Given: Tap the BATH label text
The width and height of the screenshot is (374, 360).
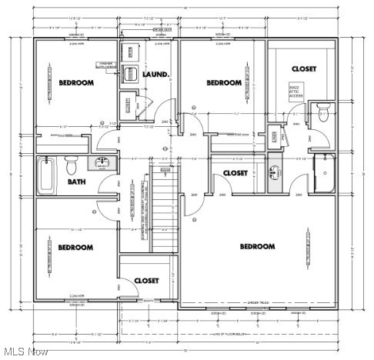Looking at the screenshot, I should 76,182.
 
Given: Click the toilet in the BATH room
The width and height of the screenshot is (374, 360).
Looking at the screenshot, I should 72,164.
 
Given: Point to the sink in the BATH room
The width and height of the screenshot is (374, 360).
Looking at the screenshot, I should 102,163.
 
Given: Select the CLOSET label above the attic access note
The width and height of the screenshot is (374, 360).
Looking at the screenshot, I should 303,68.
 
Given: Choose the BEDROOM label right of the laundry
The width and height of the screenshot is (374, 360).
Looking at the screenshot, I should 224,82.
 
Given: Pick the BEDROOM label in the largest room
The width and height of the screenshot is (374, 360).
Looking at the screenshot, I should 257,246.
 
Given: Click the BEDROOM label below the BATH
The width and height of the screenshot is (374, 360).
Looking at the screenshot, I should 75,247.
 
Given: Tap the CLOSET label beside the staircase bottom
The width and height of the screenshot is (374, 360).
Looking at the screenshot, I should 147,281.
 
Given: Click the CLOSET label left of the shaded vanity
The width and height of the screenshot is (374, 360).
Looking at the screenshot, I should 235,173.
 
